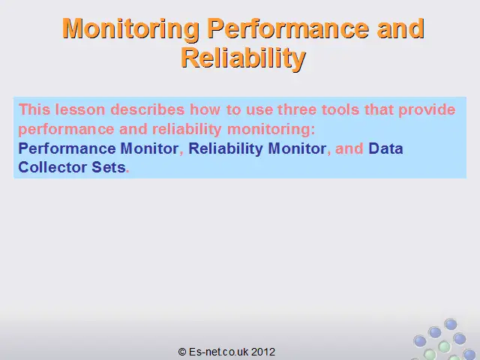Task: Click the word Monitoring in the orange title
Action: click(130, 29)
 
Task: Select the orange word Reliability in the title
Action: click(243, 58)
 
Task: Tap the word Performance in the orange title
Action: click(288, 28)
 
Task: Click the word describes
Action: click(148, 109)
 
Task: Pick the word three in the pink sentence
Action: click(297, 109)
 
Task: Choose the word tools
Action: click(340, 109)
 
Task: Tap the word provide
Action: click(427, 110)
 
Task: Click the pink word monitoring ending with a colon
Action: click(271, 130)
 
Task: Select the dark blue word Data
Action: click(385, 148)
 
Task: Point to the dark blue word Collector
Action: click(52, 167)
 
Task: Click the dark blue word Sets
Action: click(109, 167)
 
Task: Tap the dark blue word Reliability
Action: click(226, 149)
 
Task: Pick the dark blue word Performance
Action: click(67, 148)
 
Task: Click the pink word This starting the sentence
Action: click(34, 109)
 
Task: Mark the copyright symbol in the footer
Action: click(182, 352)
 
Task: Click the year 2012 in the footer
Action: click(263, 352)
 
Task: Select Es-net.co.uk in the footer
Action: click(219, 352)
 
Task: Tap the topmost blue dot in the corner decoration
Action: click(451, 324)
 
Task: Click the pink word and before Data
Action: click(349, 148)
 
